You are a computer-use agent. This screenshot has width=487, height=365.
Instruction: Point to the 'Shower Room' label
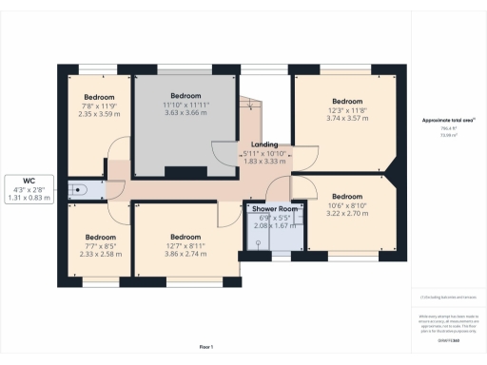274,208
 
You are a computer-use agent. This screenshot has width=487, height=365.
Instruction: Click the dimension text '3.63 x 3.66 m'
185,112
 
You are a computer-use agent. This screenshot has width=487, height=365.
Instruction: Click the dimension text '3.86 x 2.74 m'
185,255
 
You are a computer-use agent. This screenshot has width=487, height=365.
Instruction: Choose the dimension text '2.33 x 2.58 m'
100,255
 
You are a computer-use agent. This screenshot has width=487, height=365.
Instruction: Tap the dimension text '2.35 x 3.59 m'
99,115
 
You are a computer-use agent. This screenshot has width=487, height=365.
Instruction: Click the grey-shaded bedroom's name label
185,96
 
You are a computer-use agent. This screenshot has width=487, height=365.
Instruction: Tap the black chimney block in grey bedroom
179,171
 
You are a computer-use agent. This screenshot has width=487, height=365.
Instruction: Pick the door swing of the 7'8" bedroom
116,151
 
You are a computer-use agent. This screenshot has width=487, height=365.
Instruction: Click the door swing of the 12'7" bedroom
229,214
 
